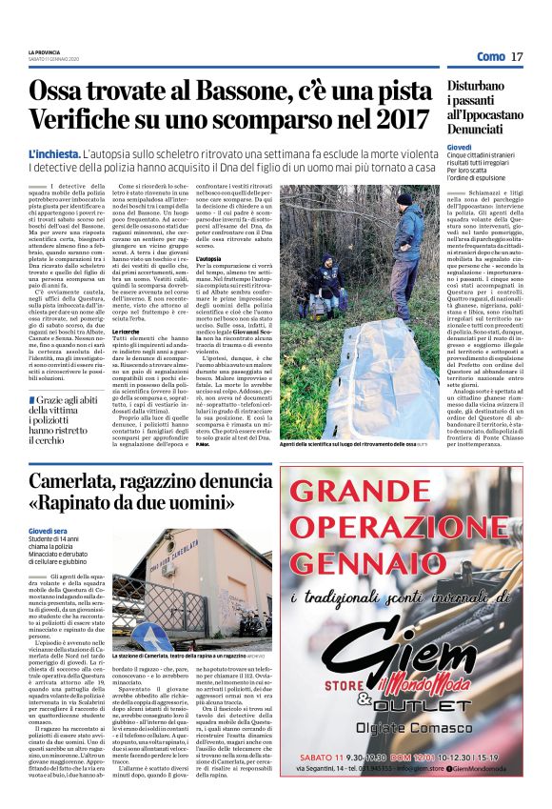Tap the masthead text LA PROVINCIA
click(x=44, y=51)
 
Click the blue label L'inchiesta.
click(x=54, y=153)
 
